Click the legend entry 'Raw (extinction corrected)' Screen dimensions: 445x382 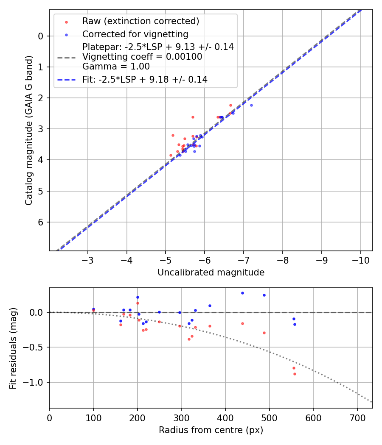click(140, 21)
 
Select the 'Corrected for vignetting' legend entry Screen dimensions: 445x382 click(135, 34)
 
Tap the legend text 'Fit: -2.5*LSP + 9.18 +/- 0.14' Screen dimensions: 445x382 click(145, 79)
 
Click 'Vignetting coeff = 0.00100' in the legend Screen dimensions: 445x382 click(142, 57)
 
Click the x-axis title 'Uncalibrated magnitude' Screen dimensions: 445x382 click(211, 273)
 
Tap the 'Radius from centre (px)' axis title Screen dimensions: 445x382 click(211, 430)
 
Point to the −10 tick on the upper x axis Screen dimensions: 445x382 click(361, 260)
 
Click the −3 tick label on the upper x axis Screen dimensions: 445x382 click(88, 260)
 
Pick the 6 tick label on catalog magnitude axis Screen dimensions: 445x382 click(41, 222)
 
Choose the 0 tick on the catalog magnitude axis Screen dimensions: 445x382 click(41, 36)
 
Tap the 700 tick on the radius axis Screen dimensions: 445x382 click(357, 417)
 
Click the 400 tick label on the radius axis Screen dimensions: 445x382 click(225, 417)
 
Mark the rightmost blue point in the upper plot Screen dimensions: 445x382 click(251, 105)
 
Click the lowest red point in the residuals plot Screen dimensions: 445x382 click(295, 374)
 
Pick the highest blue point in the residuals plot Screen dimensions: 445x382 click(242, 293)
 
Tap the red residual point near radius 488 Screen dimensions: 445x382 click(264, 333)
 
